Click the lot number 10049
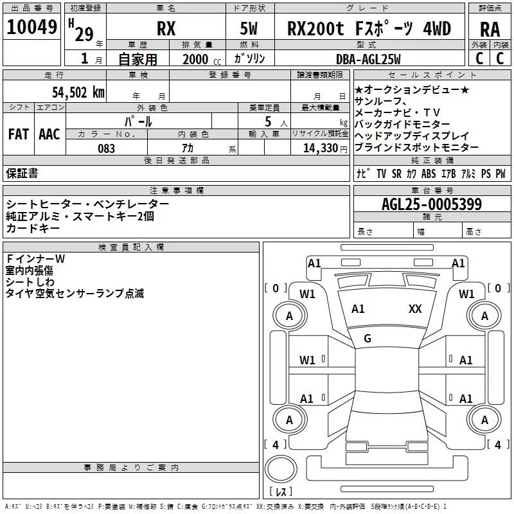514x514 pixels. [32, 28]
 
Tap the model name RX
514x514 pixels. [166, 29]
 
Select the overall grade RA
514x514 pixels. [490, 29]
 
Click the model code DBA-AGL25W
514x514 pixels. [368, 59]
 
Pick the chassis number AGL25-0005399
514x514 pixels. [431, 204]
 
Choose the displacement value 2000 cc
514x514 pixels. [200, 59]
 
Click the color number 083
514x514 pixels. [107, 148]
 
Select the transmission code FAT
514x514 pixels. [18, 134]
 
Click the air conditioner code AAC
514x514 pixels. [49, 134]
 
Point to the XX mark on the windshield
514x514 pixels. [415, 309]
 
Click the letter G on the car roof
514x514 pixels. [368, 339]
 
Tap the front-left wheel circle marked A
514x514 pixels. [289, 315]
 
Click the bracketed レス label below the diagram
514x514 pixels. [281, 492]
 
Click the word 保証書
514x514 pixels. [22, 173]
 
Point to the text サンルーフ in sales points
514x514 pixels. [380, 101]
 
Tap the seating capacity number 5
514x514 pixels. [267, 121]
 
